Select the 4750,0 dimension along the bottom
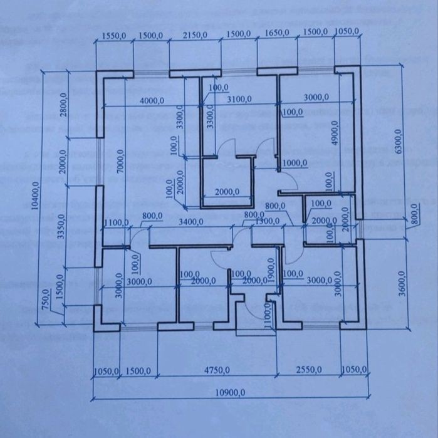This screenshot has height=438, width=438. pyautogui.click(x=216, y=370)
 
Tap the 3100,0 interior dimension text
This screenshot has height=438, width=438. pyautogui.click(x=239, y=100)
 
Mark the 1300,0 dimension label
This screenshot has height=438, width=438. pyautogui.click(x=268, y=221)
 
